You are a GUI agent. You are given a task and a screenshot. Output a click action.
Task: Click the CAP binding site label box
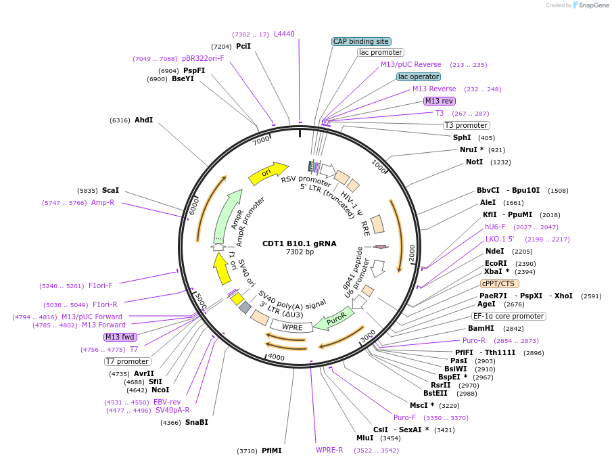pos(361,41)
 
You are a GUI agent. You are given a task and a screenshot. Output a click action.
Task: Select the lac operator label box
pos(419,76)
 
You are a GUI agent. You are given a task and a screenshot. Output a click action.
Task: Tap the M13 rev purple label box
pos(440,101)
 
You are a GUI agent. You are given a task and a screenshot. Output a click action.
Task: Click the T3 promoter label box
pos(467,125)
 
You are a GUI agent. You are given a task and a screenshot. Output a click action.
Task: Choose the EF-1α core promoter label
pos(509,316)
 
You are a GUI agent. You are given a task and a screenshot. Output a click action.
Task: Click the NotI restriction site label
pos(474,162)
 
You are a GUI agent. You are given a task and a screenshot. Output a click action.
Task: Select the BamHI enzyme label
pos(481,329)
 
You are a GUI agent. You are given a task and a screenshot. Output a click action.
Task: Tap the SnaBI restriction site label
pos(197,423)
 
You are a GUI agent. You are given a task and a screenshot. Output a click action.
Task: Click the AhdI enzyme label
pos(143,120)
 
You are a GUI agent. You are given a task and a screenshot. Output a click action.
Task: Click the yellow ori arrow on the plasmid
pos(268,173)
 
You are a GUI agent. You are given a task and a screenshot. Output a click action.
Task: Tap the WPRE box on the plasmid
pos(291,327)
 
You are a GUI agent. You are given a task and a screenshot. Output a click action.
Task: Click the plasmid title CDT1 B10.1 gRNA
pos(300,244)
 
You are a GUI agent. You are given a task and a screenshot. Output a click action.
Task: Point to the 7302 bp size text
pos(300,252)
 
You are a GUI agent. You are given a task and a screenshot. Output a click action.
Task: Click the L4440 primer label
pos(284,34)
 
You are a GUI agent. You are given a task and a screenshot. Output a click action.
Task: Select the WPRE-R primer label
pos(329,450)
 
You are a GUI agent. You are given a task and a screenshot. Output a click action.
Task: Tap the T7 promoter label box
pos(127,361)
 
